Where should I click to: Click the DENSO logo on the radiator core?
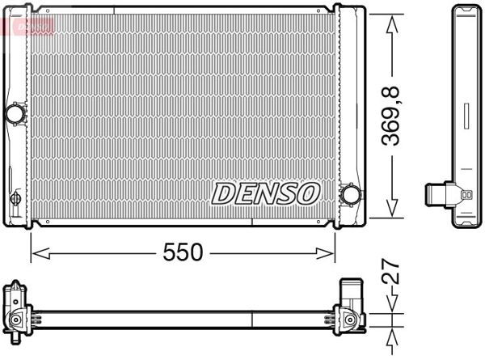266,193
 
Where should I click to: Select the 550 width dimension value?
183,252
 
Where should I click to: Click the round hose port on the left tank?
15,113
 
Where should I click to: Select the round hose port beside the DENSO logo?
351,195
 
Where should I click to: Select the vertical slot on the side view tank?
467,116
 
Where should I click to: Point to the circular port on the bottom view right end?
351,321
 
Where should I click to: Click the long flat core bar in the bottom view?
182,314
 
